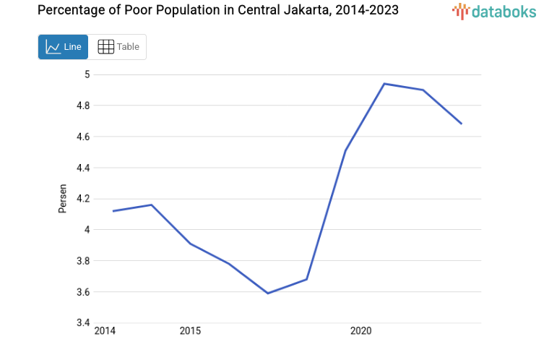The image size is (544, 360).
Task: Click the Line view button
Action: (63, 47)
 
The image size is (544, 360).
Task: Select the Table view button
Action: (118, 47)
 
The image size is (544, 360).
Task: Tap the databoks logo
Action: (494, 11)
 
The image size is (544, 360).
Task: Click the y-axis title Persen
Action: (63, 199)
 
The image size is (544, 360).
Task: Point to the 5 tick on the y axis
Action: (87, 74)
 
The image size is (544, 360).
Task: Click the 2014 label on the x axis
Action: (105, 331)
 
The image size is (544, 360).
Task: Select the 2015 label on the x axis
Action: (190, 331)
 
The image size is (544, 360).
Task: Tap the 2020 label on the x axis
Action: (360, 331)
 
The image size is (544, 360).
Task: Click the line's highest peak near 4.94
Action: (384, 84)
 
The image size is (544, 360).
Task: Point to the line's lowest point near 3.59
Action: (268, 293)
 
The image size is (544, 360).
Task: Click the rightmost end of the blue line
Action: (461, 124)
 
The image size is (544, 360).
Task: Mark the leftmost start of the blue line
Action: (113, 211)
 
